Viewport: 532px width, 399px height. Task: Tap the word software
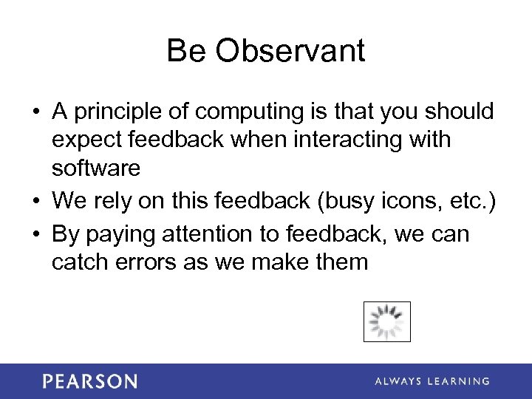(96, 168)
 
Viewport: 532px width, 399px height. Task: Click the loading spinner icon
(386, 321)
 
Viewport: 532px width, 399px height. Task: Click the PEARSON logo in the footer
(89, 381)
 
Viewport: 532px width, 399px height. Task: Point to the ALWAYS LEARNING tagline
(432, 381)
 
